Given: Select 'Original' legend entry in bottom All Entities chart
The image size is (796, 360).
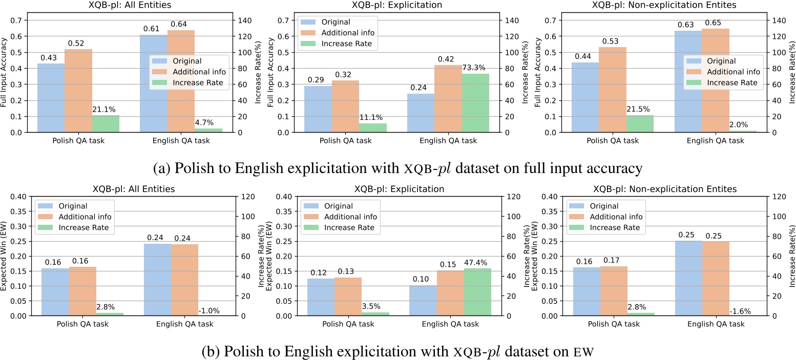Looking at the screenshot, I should click(72, 206).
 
